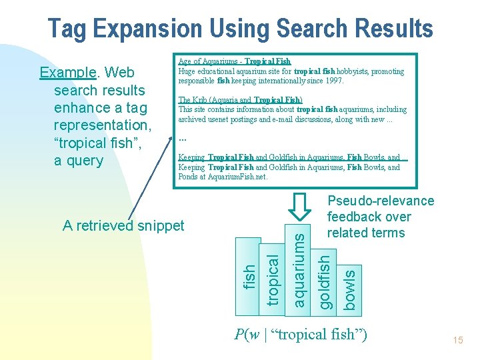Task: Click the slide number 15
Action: click(458, 341)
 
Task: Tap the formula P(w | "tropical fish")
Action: click(301, 334)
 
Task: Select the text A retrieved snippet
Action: click(123, 225)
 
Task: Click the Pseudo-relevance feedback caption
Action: click(380, 217)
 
